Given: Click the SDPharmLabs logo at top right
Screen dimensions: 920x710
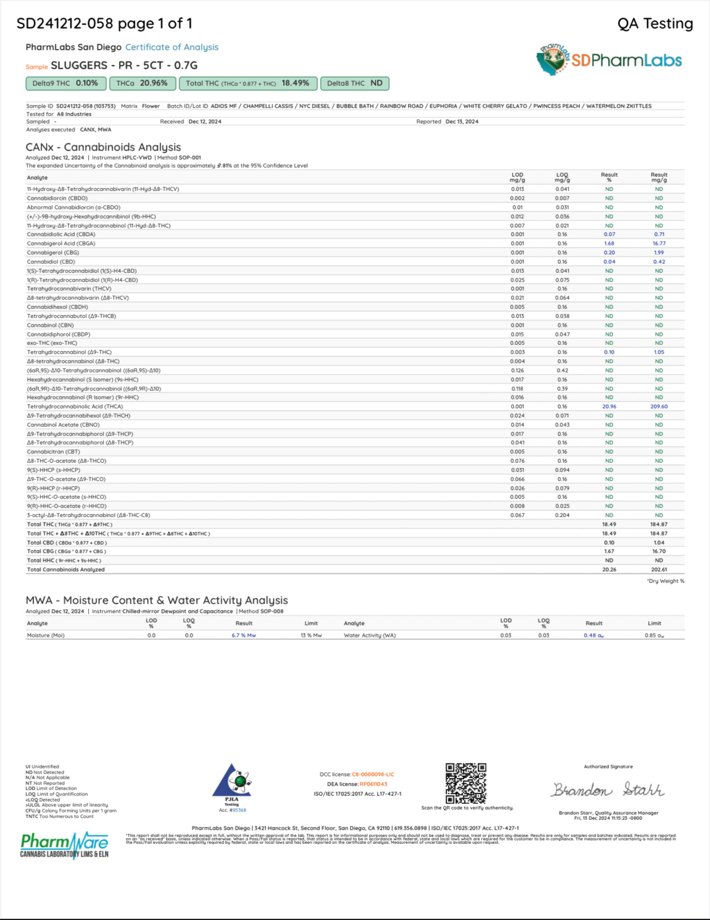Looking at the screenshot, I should click(609, 60).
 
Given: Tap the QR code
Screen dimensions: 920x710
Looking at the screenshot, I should click(466, 783).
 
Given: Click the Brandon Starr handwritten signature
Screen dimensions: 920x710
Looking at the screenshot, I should click(608, 790).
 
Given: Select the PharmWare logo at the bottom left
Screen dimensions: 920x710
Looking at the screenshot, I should click(64, 845).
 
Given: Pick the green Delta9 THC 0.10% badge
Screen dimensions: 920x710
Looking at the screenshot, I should click(65, 84).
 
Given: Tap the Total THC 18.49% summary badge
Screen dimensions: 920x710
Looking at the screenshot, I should click(248, 84).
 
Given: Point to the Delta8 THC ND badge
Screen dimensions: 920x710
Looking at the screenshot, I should click(355, 84).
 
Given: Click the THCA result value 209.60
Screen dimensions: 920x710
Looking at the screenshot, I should click(659, 407).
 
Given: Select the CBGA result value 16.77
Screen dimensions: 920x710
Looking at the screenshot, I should click(659, 244).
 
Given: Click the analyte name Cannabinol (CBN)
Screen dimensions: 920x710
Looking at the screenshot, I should click(50, 326).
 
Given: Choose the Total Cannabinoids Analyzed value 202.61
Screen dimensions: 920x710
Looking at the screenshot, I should click(659, 570).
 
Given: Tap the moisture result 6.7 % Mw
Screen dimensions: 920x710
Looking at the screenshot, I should click(244, 636).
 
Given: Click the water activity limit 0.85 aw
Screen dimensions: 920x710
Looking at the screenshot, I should click(654, 636).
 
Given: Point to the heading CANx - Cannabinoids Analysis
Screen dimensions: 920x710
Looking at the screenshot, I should click(103, 147).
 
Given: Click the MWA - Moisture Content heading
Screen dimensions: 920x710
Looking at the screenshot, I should click(156, 600).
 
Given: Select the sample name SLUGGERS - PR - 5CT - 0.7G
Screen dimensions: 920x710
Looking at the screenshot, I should click(124, 65).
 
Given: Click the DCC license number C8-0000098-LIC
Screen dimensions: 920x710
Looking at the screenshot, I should click(372, 775).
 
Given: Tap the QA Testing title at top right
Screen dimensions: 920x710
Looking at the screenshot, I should click(655, 23).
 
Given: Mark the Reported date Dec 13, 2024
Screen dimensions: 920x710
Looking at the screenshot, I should click(462, 122).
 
